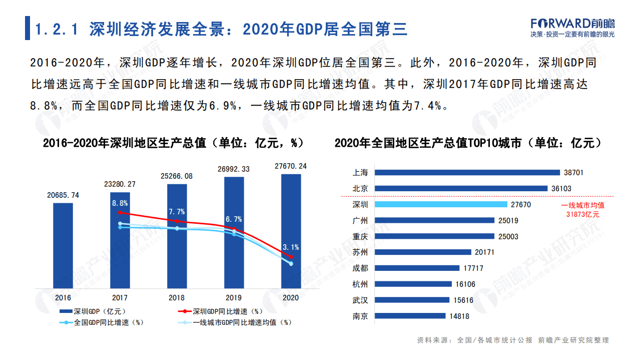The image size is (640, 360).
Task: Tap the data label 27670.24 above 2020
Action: [291, 166]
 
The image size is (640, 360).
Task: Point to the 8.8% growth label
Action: [120, 203]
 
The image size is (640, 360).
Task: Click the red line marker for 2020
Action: [291, 257]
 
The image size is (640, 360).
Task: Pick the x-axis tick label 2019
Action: [234, 298]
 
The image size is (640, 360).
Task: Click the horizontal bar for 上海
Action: [467, 173]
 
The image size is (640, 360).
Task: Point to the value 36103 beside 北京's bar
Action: [560, 189]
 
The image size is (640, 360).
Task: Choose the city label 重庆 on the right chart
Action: [360, 236]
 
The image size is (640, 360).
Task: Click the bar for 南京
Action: [410, 316]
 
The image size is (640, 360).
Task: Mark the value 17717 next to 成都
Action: [473, 268]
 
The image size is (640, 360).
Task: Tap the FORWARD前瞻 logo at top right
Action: [572, 24]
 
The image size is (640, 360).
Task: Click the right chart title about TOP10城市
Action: [467, 143]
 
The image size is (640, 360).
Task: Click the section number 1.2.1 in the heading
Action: [57, 30]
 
